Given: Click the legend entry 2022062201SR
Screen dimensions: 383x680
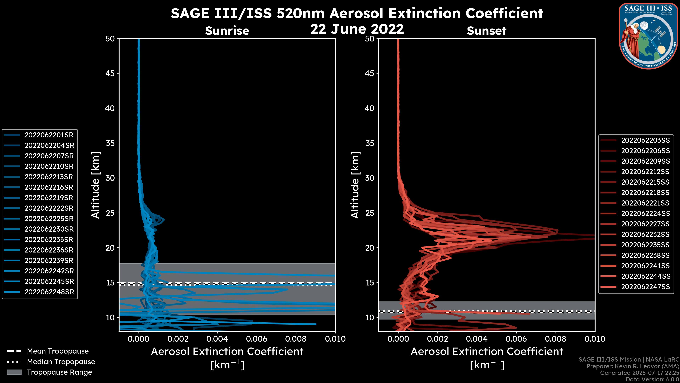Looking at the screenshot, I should [49, 135].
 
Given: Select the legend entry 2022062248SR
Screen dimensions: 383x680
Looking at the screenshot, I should [49, 292].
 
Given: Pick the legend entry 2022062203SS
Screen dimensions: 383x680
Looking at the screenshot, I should [645, 140].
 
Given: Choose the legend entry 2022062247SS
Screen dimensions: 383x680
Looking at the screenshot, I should [645, 287].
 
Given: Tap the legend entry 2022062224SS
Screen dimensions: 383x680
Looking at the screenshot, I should [645, 213].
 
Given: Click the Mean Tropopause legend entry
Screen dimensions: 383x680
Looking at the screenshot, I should [58, 351].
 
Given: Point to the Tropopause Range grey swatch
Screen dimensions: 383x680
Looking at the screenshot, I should [14, 372].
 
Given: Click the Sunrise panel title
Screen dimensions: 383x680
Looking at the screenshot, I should [227, 31].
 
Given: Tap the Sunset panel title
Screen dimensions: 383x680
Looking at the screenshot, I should [486, 31].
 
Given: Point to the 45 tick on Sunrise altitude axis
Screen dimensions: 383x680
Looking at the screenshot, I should [110, 73].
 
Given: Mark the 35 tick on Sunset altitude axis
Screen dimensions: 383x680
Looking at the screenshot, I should [370, 143].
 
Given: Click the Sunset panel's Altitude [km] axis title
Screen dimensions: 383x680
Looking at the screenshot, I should [355, 185].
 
